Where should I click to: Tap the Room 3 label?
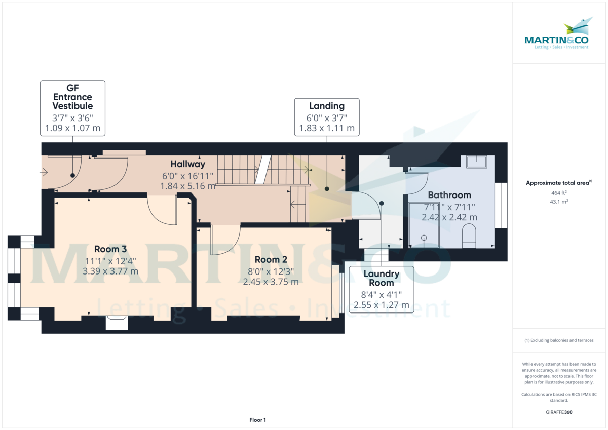point(110,249)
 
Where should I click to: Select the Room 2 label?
point(271,259)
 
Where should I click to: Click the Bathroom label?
point(449,195)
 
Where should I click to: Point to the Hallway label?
point(187,164)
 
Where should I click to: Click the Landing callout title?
point(327,106)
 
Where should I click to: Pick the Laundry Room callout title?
point(382,279)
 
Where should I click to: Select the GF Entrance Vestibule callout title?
point(72,97)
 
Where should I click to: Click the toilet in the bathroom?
point(469,236)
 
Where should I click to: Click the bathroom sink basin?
point(476,162)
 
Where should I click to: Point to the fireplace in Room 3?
point(117,323)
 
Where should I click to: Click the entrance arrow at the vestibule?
point(44,172)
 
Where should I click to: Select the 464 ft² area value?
point(559,193)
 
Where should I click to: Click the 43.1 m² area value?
point(559,202)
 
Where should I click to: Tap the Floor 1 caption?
point(257,420)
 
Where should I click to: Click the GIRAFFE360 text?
point(559,412)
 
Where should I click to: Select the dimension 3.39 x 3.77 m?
point(110,271)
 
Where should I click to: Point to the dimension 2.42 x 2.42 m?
point(449,217)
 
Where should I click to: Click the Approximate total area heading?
point(559,183)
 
